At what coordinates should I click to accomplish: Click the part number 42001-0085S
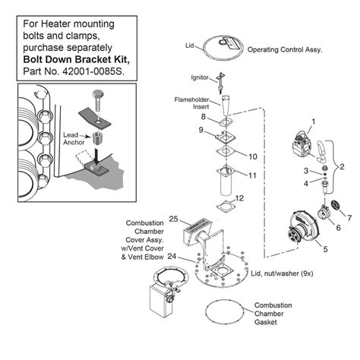pyautogui.click(x=93, y=71)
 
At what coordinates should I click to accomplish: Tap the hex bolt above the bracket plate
pyautogui.click(x=98, y=100)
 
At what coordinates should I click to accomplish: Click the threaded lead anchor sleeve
pyautogui.click(x=96, y=138)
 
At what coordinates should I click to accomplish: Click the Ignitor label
pyautogui.click(x=200, y=77)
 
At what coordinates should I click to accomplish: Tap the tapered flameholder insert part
pyautogui.click(x=226, y=106)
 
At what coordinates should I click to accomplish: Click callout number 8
pyautogui.click(x=204, y=117)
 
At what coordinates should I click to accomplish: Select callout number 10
pyautogui.click(x=253, y=156)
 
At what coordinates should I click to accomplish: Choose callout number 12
pyautogui.click(x=239, y=198)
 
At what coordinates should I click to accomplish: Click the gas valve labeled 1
pyautogui.click(x=303, y=146)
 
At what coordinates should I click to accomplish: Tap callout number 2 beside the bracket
pyautogui.click(x=342, y=166)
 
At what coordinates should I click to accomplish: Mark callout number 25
pyautogui.click(x=173, y=219)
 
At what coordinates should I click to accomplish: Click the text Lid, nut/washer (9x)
pyautogui.click(x=282, y=273)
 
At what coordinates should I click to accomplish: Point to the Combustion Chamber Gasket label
pyautogui.click(x=273, y=314)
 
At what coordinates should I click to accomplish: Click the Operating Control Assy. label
pyautogui.click(x=285, y=49)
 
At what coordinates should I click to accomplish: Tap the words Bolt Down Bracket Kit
pyautogui.click(x=76, y=59)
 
